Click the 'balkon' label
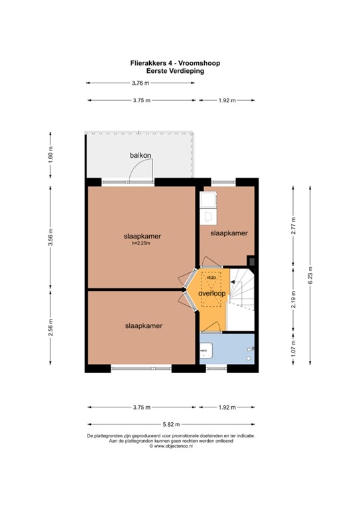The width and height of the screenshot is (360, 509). [140, 156]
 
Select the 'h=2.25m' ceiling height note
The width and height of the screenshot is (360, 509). [141, 243]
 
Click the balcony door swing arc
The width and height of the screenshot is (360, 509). [141, 170]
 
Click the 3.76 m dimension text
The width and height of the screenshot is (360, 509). [141, 83]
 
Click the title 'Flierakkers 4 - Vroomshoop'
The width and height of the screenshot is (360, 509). [175, 63]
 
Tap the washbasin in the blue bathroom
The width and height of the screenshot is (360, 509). [204, 347]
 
